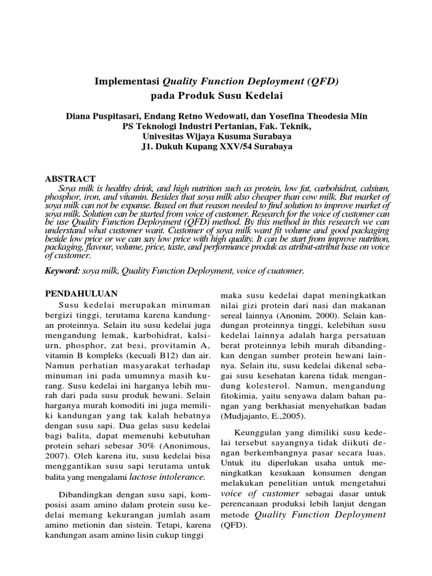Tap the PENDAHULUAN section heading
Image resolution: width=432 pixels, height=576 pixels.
point(81,294)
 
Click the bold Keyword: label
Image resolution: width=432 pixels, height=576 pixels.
point(63,271)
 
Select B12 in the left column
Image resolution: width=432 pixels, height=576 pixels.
point(149,356)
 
